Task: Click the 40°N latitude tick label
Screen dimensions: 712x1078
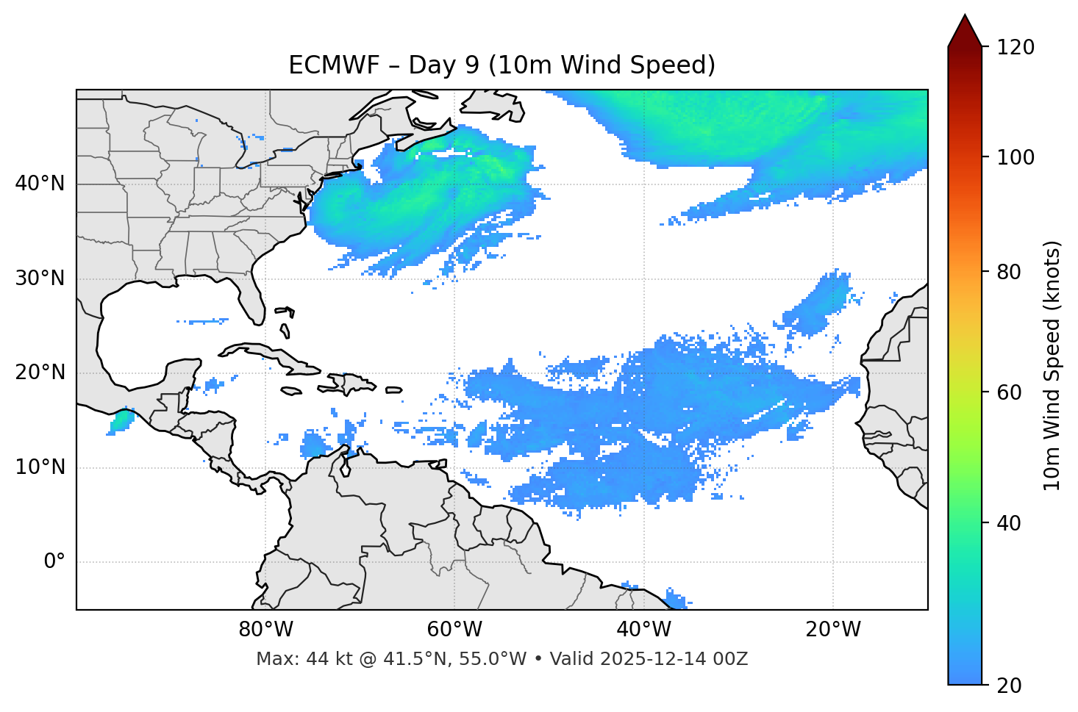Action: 40,184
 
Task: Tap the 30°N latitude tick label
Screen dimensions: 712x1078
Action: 40,278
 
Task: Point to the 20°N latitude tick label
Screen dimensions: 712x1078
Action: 40,373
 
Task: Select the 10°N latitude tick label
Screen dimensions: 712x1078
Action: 40,467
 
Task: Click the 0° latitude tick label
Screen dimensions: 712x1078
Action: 54,562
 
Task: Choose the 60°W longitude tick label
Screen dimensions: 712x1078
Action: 454,630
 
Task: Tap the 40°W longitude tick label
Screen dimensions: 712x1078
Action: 643,630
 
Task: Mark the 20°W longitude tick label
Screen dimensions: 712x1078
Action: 832,630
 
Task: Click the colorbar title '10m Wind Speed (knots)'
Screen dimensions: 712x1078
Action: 1052,365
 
